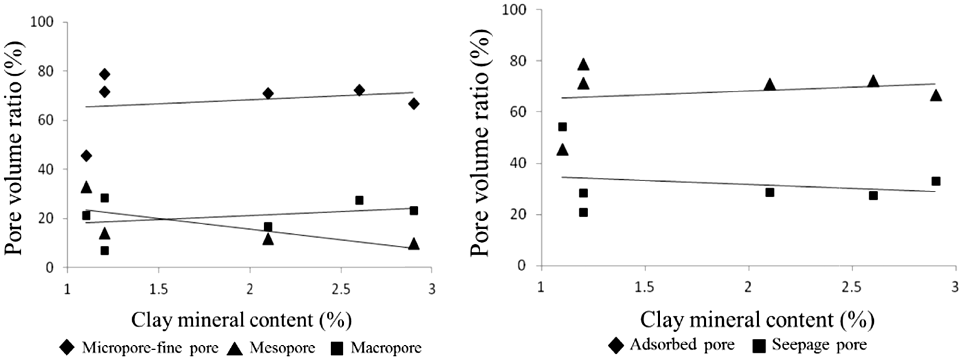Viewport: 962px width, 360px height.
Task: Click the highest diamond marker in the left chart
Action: coord(105,74)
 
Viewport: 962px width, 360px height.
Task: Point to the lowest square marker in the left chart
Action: coord(105,251)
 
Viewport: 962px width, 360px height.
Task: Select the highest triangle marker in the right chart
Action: coord(583,65)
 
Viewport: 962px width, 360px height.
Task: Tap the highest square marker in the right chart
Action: coord(563,127)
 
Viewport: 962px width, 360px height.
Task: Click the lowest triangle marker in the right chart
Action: coord(563,150)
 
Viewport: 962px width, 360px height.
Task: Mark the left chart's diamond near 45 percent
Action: coord(86,155)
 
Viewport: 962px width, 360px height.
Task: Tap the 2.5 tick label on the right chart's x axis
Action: coord(852,288)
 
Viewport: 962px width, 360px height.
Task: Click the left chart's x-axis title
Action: coord(241,320)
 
